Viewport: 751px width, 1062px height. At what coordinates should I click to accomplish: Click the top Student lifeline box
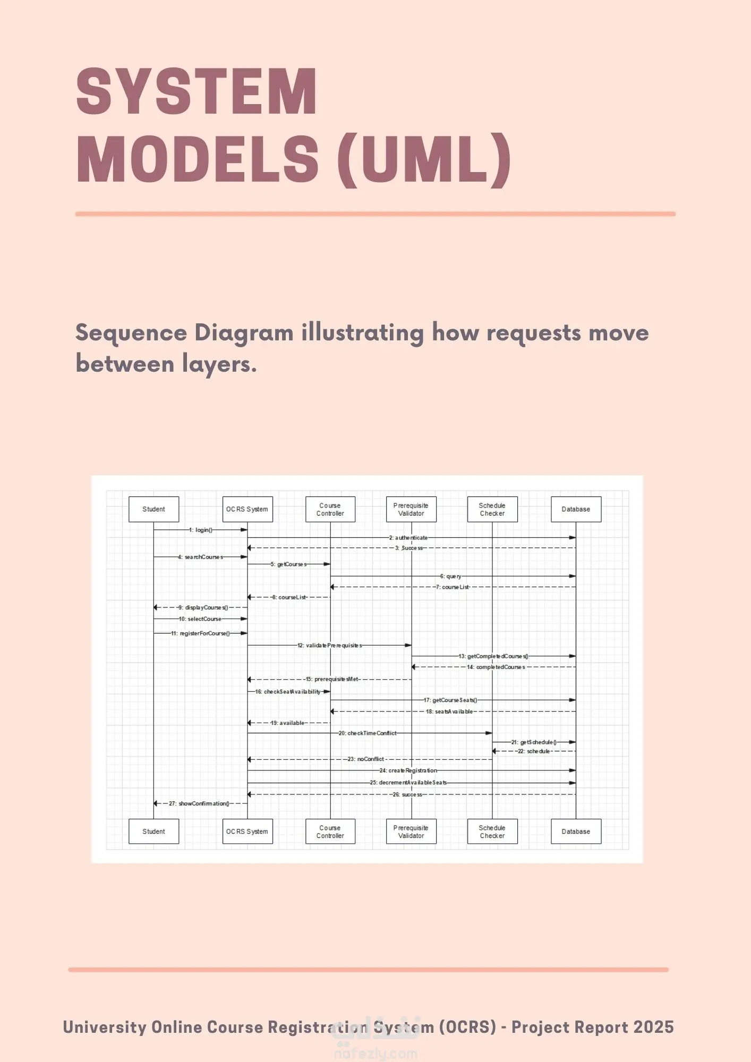tap(153, 509)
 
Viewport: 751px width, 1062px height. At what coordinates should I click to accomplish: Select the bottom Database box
tap(576, 832)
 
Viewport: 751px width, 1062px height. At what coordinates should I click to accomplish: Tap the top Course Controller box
tap(330, 509)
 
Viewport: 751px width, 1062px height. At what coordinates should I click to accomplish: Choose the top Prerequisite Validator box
tap(411, 509)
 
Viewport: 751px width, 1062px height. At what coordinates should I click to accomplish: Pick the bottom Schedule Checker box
tap(492, 832)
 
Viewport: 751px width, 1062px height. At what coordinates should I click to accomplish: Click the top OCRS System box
tap(248, 509)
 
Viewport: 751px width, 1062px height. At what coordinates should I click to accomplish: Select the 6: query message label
tap(450, 576)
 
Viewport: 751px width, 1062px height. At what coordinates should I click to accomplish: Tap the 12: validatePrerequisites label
tap(330, 646)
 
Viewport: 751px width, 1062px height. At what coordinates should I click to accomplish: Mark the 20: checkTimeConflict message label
tap(368, 733)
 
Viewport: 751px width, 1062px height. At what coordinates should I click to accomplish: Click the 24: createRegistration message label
tap(408, 770)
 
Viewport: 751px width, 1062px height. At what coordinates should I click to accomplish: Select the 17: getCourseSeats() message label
tap(450, 700)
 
